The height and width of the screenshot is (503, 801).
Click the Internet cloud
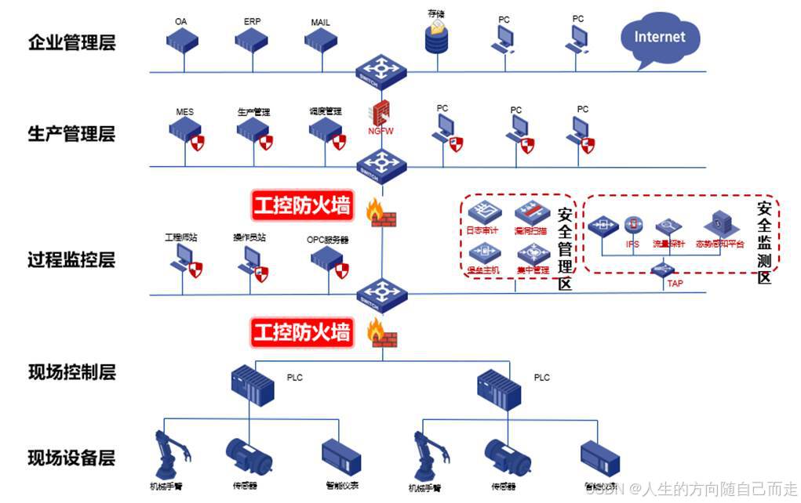(659, 38)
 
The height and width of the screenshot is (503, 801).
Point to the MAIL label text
(320, 21)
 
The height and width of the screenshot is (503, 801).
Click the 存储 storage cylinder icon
(436, 36)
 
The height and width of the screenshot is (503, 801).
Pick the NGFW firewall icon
(382, 113)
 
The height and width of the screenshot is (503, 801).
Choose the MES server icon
(186, 132)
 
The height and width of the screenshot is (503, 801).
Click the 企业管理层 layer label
(71, 42)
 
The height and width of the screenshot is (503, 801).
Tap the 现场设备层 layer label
(71, 457)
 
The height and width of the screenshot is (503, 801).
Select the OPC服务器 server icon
(326, 262)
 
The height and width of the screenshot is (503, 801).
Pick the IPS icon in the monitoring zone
(633, 226)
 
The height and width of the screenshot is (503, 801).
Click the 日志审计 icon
(482, 212)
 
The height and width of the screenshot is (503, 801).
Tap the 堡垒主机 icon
(482, 253)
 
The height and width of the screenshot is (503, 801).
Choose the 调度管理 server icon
(324, 132)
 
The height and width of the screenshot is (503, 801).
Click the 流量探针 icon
(668, 227)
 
